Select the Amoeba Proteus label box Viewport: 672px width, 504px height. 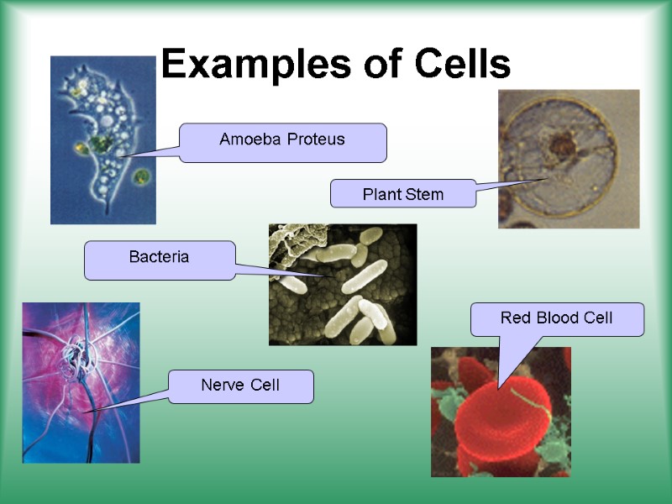point(282,141)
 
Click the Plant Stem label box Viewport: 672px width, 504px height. point(402,194)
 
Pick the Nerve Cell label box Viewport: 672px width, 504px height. point(240,386)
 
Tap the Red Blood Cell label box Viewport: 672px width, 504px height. point(557,318)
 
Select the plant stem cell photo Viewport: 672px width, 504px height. point(569,159)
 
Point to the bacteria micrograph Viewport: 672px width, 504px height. point(343,285)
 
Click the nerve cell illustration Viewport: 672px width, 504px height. point(81,383)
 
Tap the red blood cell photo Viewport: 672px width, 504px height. point(501,412)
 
